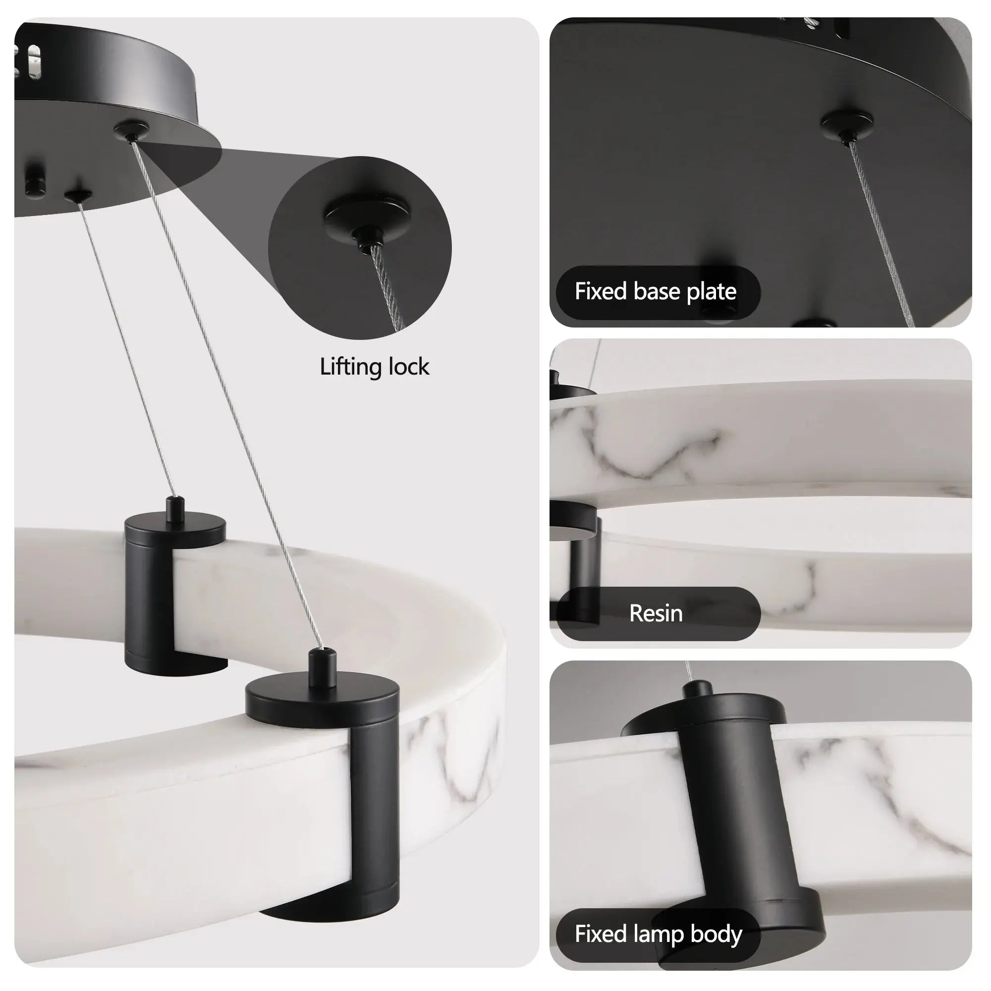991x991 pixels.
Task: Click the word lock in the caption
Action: (x=409, y=367)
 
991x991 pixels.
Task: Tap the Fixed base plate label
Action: (x=655, y=292)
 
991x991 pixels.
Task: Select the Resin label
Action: (x=656, y=613)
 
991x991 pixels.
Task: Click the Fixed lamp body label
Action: (x=658, y=934)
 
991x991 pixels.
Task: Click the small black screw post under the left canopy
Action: (x=35, y=179)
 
